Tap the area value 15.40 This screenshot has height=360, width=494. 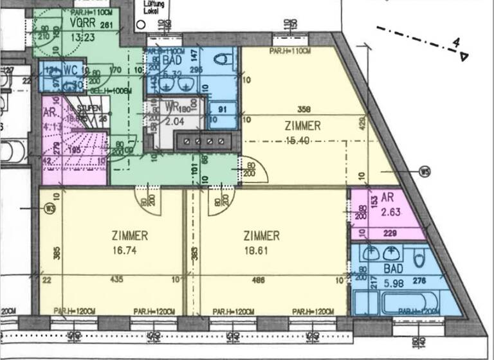tap(302, 139)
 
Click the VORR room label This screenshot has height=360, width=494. tap(82, 22)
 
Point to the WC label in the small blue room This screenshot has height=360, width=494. tap(70, 69)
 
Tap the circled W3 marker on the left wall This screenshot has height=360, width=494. tap(48, 208)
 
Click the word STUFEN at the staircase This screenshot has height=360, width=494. tap(89, 109)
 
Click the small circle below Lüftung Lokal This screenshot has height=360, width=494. tap(140, 24)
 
